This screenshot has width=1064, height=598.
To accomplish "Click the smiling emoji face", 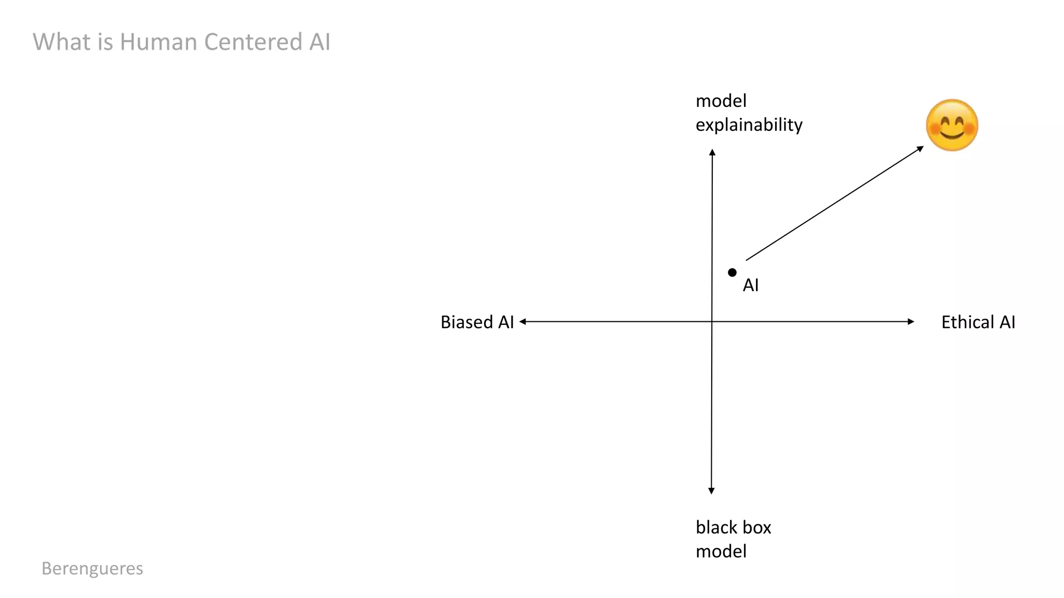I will pos(952,125).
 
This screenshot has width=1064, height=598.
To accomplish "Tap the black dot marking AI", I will pos(732,273).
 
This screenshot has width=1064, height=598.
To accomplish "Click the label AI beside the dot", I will pos(751,285).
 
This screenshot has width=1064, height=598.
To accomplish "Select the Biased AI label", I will pos(477,322).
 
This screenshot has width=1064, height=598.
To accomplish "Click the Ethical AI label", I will pos(978,322).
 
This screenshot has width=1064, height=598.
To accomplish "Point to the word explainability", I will pos(749,125).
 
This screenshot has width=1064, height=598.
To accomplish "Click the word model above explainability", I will pos(721,101).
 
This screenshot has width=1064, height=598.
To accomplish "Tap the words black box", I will pos(733,527).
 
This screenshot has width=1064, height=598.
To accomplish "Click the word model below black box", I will pos(721,551).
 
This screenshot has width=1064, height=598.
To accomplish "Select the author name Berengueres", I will pos(92,568).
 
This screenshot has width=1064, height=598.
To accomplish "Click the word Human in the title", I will pos(159,42).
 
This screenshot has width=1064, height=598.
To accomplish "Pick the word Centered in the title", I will pos(254,42).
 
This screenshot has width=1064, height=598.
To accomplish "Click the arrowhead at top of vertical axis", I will pos(712,152).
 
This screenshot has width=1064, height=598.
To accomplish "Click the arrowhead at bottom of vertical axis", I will pos(711,491).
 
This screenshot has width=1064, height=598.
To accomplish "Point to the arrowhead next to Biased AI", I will pos(523,322).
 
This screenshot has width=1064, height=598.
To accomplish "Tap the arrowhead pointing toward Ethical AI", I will pos(911,322).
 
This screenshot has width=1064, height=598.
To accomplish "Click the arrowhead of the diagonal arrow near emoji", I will pos(921,148).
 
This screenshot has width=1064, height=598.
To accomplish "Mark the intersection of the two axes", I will pos(712,322).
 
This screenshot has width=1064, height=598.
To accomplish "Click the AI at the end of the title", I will pos(320,42).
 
